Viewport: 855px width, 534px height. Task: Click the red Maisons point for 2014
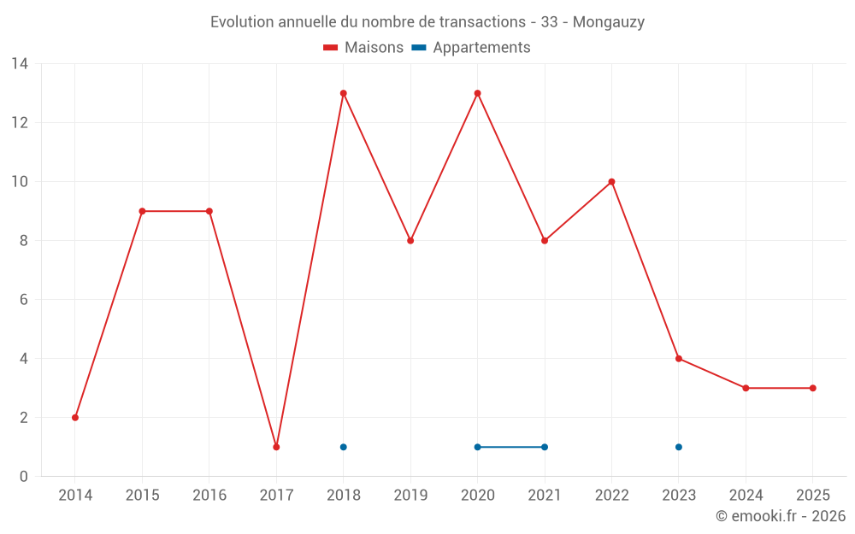click(x=75, y=418)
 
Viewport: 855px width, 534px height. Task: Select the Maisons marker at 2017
click(x=276, y=447)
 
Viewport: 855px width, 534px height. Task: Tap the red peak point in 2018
click(x=344, y=93)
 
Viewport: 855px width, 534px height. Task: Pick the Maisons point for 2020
click(x=477, y=93)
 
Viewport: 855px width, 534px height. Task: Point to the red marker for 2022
click(x=611, y=182)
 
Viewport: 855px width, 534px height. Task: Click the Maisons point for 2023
click(x=679, y=359)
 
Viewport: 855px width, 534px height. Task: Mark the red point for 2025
click(x=813, y=388)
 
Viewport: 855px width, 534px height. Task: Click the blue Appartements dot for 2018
click(x=344, y=447)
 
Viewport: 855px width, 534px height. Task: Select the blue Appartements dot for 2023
click(x=679, y=447)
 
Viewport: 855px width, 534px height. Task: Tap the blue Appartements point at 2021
click(x=545, y=447)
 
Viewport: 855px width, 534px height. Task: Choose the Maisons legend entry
click(x=363, y=48)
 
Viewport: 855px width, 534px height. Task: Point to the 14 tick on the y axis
click(x=20, y=64)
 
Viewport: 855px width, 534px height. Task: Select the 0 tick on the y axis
click(x=24, y=477)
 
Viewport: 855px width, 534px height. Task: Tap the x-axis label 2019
click(x=410, y=496)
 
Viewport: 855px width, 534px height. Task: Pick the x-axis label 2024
click(x=746, y=496)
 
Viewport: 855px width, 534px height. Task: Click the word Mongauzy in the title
click(x=608, y=22)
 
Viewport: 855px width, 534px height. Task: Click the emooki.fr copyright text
click(x=780, y=516)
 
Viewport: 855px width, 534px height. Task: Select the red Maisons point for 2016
click(x=209, y=211)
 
